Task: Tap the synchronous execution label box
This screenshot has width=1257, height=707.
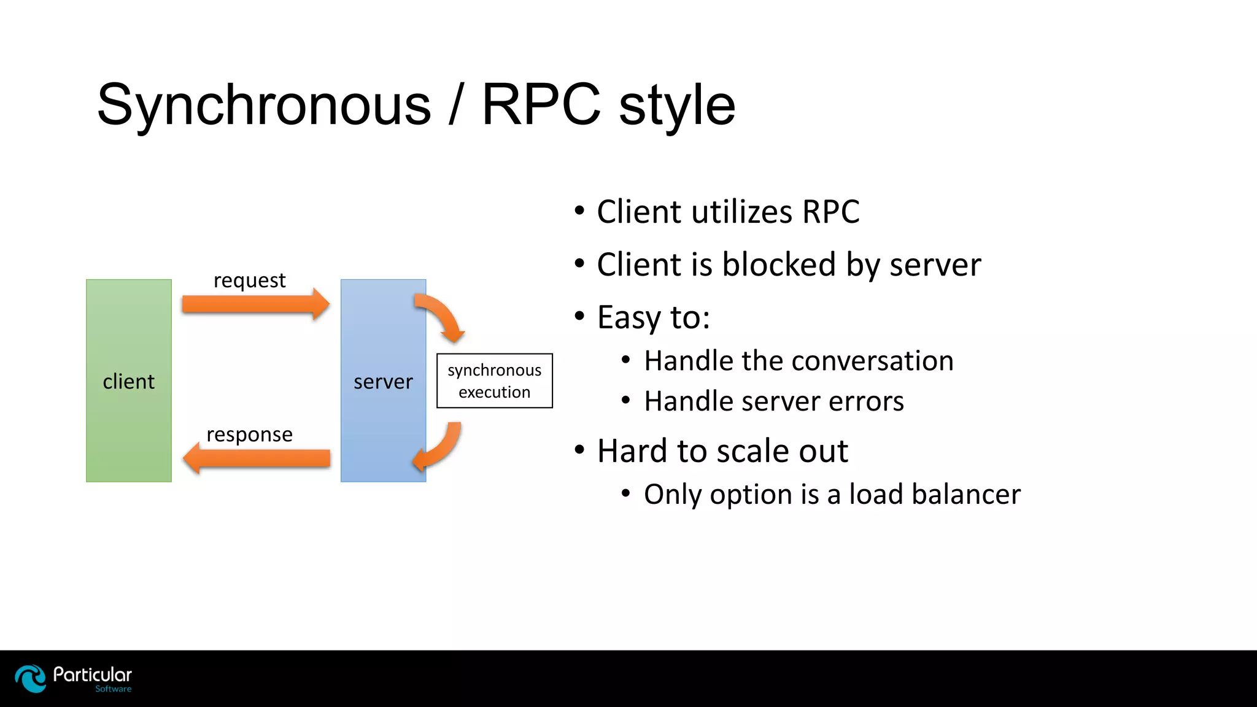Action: [494, 381]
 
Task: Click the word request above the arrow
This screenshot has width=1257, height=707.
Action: [249, 280]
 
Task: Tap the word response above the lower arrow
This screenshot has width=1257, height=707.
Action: [249, 435]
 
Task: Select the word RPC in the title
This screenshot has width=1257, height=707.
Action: [540, 104]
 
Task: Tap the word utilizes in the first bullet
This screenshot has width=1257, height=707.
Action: [741, 212]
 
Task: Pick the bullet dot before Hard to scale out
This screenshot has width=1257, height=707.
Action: [579, 450]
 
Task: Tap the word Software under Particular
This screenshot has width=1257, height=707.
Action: [113, 689]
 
